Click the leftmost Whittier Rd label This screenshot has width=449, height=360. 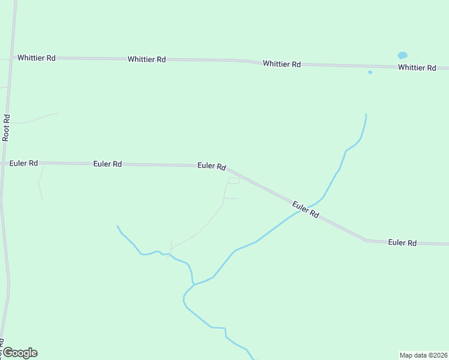pyautogui.click(x=37, y=58)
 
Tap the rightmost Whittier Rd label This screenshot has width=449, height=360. pyautogui.click(x=417, y=68)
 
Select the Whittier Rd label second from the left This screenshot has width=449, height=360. pyautogui.click(x=146, y=59)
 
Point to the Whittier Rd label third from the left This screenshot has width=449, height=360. pyautogui.click(x=282, y=64)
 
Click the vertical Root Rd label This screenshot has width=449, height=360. pyautogui.click(x=7, y=127)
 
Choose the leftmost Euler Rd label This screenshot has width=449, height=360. pyautogui.click(x=24, y=163)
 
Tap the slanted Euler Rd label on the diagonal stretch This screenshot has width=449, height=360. pyautogui.click(x=306, y=209)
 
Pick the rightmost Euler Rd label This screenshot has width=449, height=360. pyautogui.click(x=402, y=242)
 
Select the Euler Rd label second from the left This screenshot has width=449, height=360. pyautogui.click(x=108, y=164)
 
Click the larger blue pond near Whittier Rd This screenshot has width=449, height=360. pyautogui.click(x=402, y=55)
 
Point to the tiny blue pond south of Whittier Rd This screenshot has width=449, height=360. pyautogui.click(x=370, y=72)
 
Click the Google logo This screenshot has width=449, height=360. pyautogui.click(x=19, y=353)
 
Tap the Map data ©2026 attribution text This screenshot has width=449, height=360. pyautogui.click(x=424, y=355)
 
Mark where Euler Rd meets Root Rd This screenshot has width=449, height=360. pyautogui.click(x=4, y=163)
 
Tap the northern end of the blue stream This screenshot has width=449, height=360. pyautogui.click(x=366, y=114)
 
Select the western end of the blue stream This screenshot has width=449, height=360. pyautogui.click(x=117, y=226)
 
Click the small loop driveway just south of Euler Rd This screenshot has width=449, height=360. pyautogui.click(x=234, y=181)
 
